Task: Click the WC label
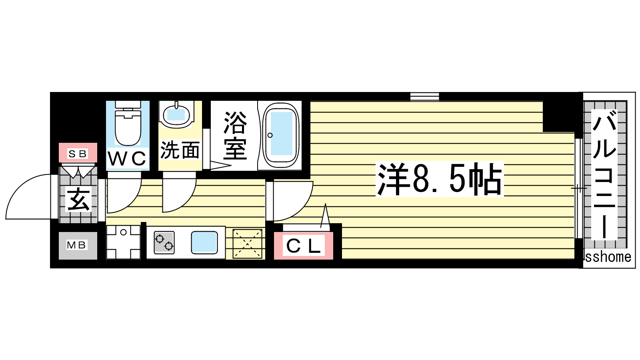(127, 158)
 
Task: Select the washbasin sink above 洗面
(176, 114)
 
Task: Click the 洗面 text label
(180, 150)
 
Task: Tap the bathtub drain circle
(270, 135)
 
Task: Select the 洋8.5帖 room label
(440, 179)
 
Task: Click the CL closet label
(304, 246)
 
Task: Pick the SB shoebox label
(78, 154)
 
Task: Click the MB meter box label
(76, 245)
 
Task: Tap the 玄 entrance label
(78, 199)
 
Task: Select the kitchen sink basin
(204, 242)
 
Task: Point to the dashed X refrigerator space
(248, 244)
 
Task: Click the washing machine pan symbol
(124, 242)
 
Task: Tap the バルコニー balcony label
(604, 174)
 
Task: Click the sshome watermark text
(608, 257)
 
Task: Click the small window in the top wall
(424, 96)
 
